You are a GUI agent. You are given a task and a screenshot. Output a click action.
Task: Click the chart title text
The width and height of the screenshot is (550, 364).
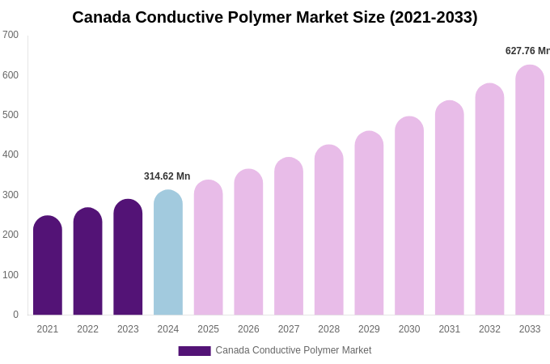click(275, 17)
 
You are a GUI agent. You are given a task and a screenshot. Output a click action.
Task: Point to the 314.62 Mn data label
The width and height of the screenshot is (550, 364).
click(167, 176)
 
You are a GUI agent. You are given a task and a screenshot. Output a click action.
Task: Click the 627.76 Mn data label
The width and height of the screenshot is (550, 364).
click(527, 51)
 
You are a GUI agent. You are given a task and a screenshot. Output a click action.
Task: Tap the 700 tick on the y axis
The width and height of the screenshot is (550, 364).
click(11, 35)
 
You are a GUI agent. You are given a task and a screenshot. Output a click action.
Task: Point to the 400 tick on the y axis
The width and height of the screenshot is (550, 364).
click(11, 154)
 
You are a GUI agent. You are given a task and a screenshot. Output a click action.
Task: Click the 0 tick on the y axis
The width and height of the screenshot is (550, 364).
click(15, 315)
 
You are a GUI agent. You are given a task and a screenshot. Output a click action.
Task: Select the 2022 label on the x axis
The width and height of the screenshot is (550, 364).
click(87, 329)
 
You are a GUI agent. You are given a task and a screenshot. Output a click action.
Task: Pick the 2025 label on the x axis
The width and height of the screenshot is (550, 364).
click(208, 329)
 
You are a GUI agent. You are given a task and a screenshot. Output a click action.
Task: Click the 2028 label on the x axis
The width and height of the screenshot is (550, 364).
click(328, 329)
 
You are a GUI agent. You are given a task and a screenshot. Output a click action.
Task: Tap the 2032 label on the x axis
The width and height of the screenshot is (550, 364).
click(489, 329)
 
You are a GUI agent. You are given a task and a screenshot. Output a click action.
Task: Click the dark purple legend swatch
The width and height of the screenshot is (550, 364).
click(194, 351)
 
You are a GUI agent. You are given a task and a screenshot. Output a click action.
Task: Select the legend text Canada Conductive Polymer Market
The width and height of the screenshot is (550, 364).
click(294, 350)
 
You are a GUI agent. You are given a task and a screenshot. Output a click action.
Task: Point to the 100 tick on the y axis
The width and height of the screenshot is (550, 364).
click(11, 275)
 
